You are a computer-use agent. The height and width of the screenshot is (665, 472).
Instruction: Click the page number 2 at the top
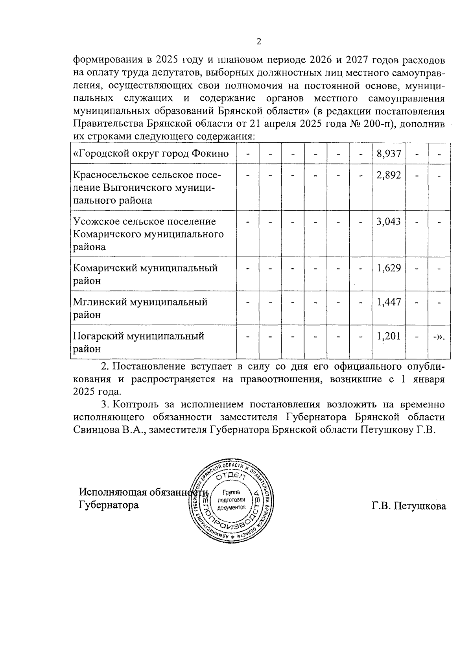[x=258, y=42]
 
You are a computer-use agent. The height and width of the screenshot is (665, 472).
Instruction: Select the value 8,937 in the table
[x=389, y=153]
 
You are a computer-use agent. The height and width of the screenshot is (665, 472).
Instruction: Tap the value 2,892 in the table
[x=389, y=175]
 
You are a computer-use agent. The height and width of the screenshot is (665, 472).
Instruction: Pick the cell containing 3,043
[x=389, y=221]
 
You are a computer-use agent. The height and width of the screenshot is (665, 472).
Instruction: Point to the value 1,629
[x=389, y=268]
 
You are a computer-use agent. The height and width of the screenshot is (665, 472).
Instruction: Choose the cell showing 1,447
[x=389, y=302]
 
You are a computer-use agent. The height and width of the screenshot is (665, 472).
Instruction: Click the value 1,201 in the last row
[x=389, y=336]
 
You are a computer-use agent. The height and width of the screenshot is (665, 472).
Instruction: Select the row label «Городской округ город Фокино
[x=151, y=153]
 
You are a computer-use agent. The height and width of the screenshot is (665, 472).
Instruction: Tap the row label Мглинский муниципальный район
[x=140, y=308]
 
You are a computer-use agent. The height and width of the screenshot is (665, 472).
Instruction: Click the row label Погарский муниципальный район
[x=138, y=342]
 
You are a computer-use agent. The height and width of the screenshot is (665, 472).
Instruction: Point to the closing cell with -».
[x=439, y=337]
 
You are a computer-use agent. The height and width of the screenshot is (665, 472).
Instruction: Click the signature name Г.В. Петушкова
[x=409, y=506]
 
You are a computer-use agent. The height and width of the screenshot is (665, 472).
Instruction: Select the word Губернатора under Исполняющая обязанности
[x=109, y=505]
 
